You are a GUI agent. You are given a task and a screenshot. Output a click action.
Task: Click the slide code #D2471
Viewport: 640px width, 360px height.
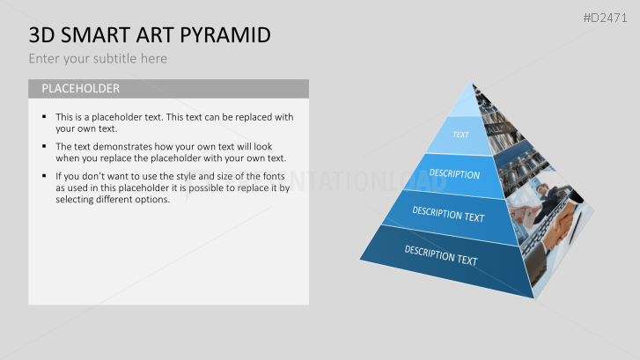pos(605,18)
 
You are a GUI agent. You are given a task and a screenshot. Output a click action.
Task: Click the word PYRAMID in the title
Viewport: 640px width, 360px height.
pos(225,35)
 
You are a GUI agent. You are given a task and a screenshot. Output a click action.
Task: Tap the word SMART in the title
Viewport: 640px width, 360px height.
pos(96,35)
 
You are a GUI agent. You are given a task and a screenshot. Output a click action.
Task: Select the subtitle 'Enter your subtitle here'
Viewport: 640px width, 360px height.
pos(98,59)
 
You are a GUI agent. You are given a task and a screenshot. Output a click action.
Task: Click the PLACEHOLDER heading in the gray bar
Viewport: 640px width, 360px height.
pos(80,89)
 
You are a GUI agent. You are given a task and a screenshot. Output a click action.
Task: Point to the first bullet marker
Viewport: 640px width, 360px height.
pos(44,117)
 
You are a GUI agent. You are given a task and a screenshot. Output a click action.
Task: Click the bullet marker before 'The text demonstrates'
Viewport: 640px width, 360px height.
pos(44,146)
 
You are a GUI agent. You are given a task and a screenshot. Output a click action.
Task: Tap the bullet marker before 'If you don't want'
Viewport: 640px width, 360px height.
pos(44,176)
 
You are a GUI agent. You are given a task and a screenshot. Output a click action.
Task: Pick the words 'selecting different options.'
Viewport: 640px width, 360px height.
pos(113,200)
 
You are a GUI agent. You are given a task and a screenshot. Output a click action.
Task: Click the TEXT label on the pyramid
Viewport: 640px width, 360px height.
pos(460,135)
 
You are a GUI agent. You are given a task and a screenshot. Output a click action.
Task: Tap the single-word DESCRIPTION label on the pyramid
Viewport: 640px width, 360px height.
pos(454,174)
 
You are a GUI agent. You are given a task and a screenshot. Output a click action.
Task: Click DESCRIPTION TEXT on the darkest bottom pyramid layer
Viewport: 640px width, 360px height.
pos(441,255)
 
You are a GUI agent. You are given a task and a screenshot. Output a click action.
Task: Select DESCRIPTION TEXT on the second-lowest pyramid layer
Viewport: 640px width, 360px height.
pos(448,214)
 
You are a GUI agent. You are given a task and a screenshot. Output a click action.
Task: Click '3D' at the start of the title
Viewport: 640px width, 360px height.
pos(41,35)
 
